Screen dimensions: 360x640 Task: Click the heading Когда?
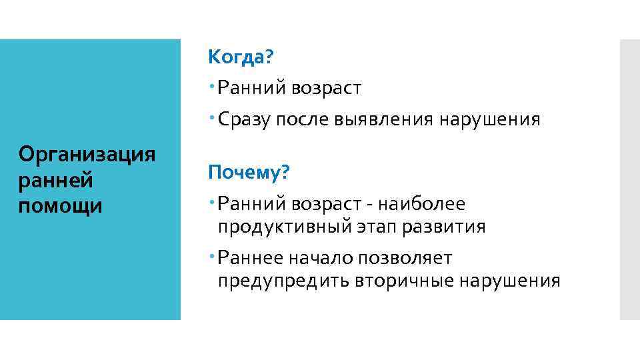tap(241, 57)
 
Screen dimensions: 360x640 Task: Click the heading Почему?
tap(249, 173)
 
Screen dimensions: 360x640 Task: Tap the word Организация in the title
tap(87, 154)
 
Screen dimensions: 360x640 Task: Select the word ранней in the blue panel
tap(55, 180)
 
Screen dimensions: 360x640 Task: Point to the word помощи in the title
tap(61, 206)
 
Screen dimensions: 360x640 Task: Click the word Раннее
tap(251, 257)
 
